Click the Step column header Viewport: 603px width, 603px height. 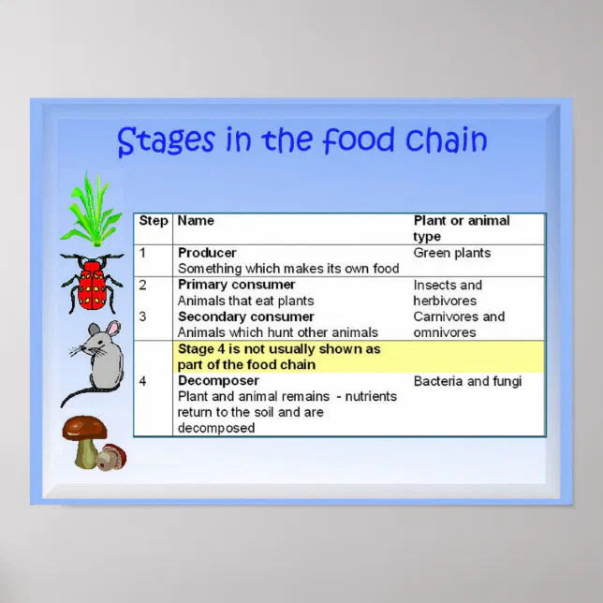pyautogui.click(x=154, y=221)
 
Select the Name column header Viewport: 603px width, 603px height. pyautogui.click(x=196, y=221)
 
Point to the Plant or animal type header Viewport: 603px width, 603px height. pyautogui.click(x=462, y=228)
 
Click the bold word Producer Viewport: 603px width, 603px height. pyautogui.click(x=207, y=253)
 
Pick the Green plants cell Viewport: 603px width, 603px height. pyautogui.click(x=451, y=253)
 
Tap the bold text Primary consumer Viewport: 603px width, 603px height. pyautogui.click(x=236, y=285)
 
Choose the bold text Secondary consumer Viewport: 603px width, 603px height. pyautogui.click(x=245, y=316)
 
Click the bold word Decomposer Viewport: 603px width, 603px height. pyautogui.click(x=218, y=381)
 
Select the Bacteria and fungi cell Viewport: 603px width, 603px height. pyautogui.click(x=467, y=381)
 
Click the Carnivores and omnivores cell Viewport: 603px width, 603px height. pyautogui.click(x=459, y=324)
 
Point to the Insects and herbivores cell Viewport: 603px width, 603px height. pyautogui.click(x=448, y=292)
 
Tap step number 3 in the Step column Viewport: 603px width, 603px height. pyautogui.click(x=143, y=316)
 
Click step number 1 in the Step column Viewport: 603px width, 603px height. pyautogui.click(x=143, y=253)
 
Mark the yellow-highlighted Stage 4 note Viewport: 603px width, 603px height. pyautogui.click(x=279, y=357)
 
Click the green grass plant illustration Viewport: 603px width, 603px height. pyautogui.click(x=91, y=211)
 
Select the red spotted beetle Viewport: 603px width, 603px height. pyautogui.click(x=92, y=284)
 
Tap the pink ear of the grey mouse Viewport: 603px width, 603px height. pyautogui.click(x=112, y=329)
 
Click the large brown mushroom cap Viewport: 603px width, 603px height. pyautogui.click(x=84, y=428)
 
